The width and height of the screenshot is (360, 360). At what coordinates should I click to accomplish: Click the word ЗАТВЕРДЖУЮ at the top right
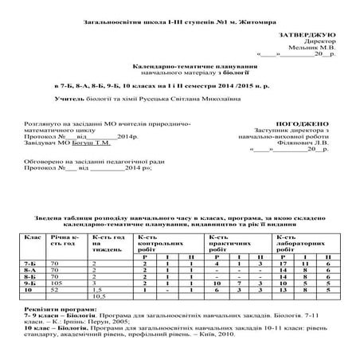[x=307, y=37]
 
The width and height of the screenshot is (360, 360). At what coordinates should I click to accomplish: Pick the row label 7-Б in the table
[x=31, y=262]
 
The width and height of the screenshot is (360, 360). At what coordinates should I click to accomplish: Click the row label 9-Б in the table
[x=31, y=282]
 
